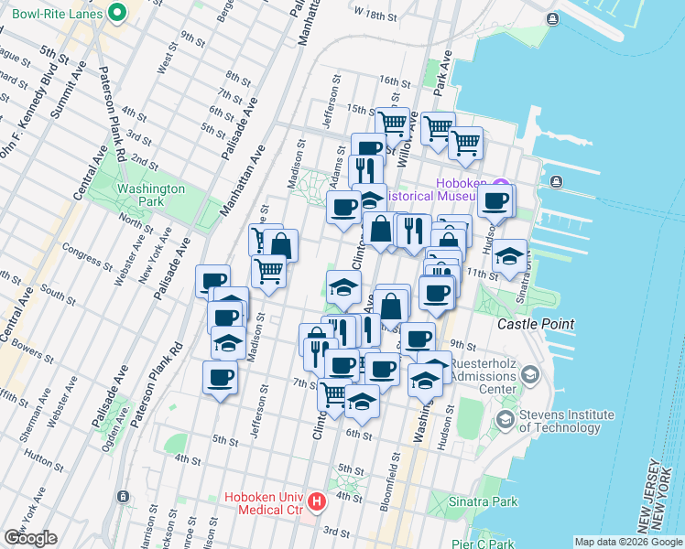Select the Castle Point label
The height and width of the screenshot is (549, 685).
[536, 324]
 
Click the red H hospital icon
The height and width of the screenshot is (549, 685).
[317, 501]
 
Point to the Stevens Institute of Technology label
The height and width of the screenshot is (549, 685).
[560, 421]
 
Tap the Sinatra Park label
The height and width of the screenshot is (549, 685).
[484, 501]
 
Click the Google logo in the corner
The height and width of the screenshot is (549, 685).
[30, 537]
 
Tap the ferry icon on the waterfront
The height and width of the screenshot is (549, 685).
[556, 181]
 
